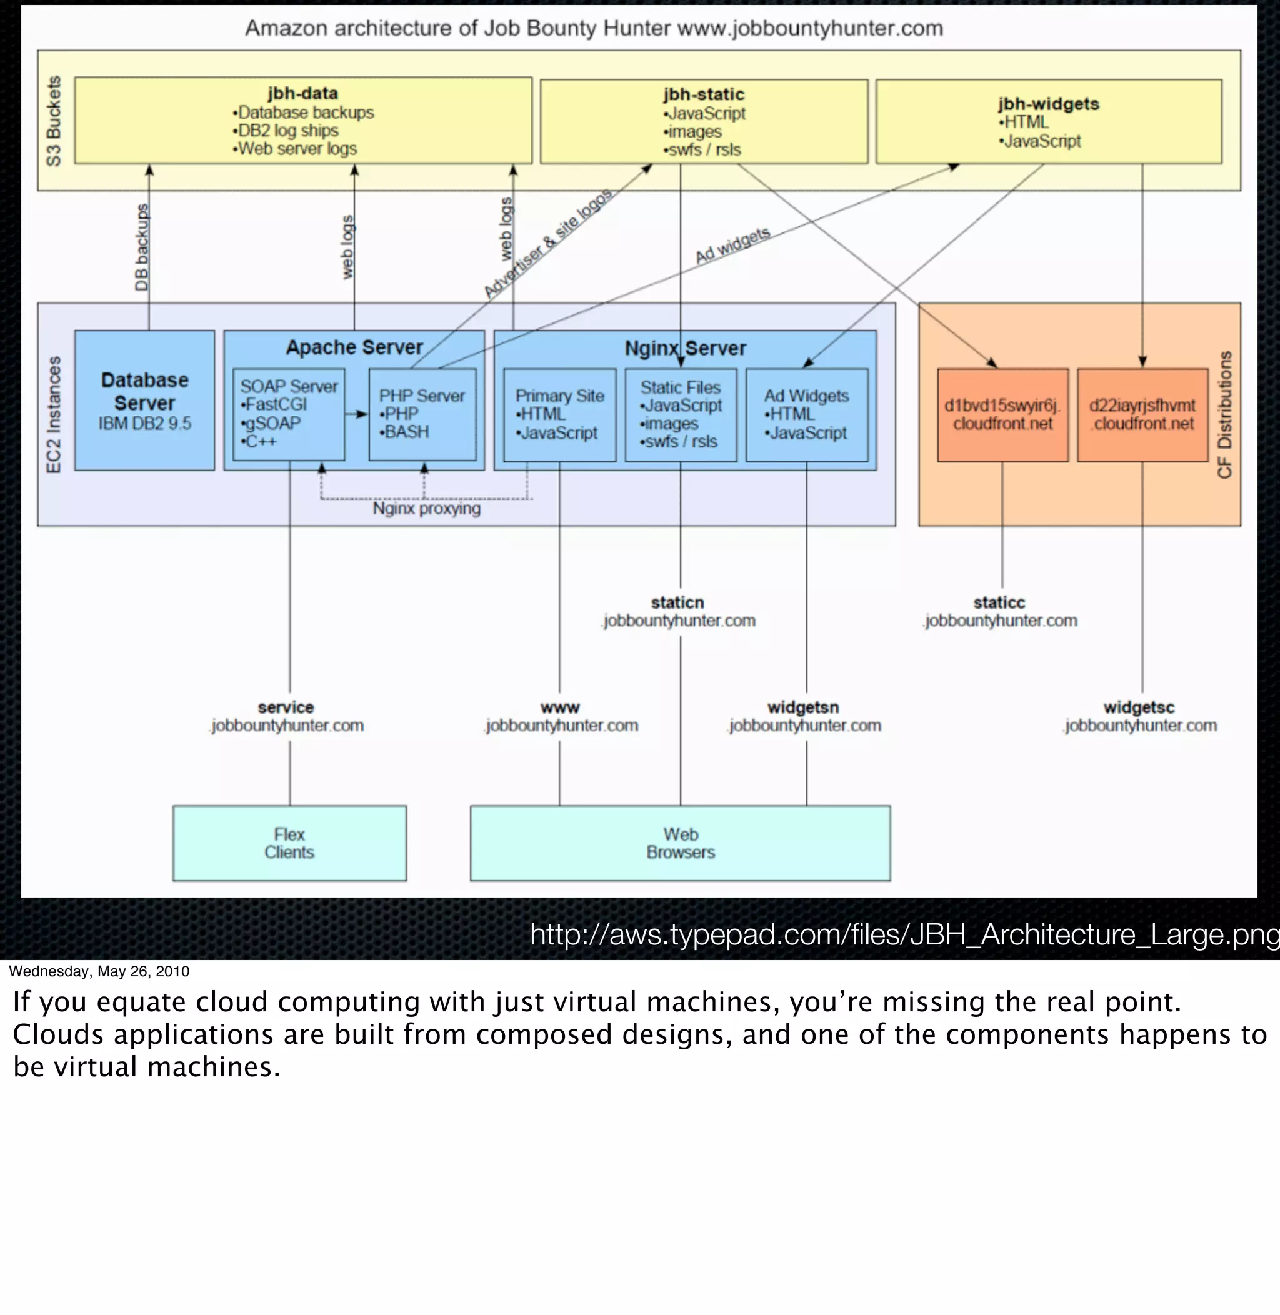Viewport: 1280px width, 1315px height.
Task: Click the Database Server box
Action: click(x=144, y=401)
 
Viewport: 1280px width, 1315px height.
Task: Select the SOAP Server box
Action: click(x=289, y=414)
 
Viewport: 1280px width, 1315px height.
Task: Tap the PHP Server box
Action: click(x=422, y=414)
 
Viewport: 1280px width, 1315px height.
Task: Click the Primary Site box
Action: click(x=559, y=415)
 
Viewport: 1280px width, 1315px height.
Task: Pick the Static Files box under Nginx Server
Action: click(x=681, y=415)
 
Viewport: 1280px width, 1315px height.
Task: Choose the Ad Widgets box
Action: click(x=806, y=415)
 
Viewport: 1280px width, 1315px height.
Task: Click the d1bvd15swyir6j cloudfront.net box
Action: click(x=1002, y=415)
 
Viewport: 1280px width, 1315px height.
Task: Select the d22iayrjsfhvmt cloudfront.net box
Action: click(x=1142, y=415)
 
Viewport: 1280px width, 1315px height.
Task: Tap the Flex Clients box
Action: click(x=289, y=843)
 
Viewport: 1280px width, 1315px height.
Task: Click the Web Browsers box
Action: click(x=681, y=843)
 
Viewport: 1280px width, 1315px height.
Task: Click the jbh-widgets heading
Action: click(x=1048, y=104)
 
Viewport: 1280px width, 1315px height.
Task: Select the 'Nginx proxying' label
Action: click(x=427, y=508)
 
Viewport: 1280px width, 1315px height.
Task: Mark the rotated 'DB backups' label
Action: click(x=141, y=247)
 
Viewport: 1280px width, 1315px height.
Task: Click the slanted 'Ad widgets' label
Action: click(x=732, y=246)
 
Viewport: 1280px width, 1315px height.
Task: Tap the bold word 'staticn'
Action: click(x=677, y=602)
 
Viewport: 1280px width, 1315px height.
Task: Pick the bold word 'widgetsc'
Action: click(x=1139, y=707)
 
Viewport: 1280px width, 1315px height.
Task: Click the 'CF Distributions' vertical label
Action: click(x=1224, y=414)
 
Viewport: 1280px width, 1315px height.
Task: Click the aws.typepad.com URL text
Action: click(x=904, y=934)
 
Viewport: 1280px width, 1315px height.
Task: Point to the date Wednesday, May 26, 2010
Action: click(x=99, y=971)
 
